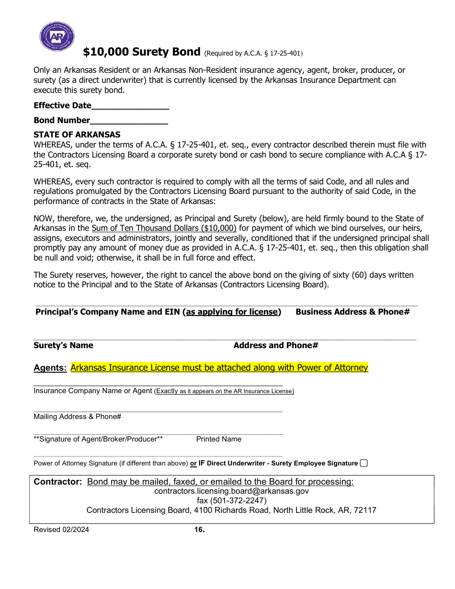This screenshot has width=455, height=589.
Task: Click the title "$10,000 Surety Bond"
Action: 141,52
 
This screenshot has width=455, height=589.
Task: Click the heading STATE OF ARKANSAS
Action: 77,135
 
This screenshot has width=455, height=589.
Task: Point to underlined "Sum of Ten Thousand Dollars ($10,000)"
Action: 164,228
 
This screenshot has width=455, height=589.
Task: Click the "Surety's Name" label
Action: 63,345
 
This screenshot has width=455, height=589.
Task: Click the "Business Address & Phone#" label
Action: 353,312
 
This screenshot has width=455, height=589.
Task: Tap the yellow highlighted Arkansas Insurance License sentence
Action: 219,368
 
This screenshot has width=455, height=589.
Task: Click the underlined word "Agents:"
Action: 50,368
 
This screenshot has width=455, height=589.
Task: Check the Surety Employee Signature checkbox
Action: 364,463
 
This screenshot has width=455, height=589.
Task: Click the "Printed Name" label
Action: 219,439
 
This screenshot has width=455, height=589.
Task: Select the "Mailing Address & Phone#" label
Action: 77,417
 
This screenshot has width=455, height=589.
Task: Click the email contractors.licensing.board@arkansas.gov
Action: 231,491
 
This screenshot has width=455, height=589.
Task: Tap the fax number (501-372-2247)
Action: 231,500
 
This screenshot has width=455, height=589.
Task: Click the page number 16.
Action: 199,530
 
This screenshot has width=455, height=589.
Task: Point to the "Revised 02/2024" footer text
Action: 61,530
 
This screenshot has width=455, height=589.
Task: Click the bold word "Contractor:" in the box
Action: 58,482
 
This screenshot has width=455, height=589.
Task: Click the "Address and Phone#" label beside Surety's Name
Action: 276,345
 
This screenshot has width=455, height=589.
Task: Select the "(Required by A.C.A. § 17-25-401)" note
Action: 254,53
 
